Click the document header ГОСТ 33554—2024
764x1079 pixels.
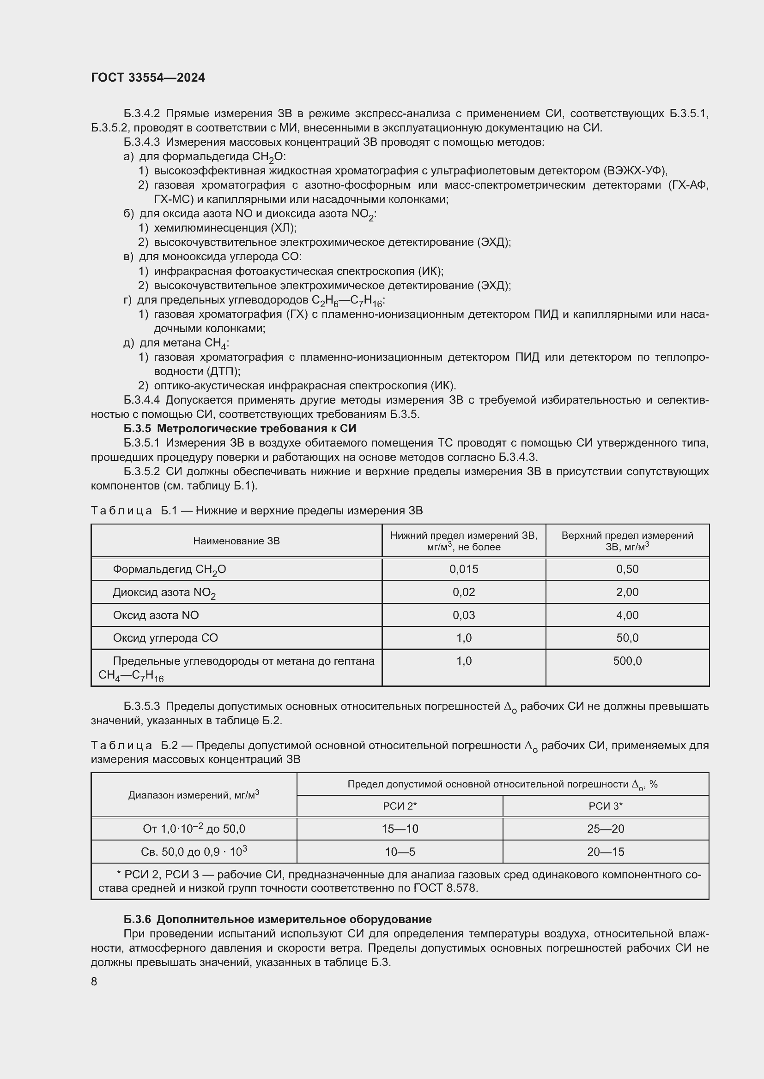(x=148, y=78)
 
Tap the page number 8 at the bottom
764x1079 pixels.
(x=94, y=981)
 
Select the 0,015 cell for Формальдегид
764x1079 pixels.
(x=463, y=569)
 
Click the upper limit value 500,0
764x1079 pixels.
(x=627, y=661)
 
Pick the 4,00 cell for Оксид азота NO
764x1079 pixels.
(x=627, y=615)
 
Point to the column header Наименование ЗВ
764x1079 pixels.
(x=236, y=541)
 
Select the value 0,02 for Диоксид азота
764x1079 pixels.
(x=463, y=592)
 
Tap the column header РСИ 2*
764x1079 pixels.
(x=400, y=806)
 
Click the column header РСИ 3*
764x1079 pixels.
(x=606, y=806)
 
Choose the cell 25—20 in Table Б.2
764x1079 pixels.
(x=606, y=829)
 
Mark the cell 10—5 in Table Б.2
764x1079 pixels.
(x=400, y=852)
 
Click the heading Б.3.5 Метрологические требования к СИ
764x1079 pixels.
(x=240, y=428)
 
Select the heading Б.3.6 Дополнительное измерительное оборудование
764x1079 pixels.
(x=278, y=919)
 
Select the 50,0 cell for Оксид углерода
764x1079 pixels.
(x=627, y=638)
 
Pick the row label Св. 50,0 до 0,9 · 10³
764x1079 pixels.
(x=194, y=852)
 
